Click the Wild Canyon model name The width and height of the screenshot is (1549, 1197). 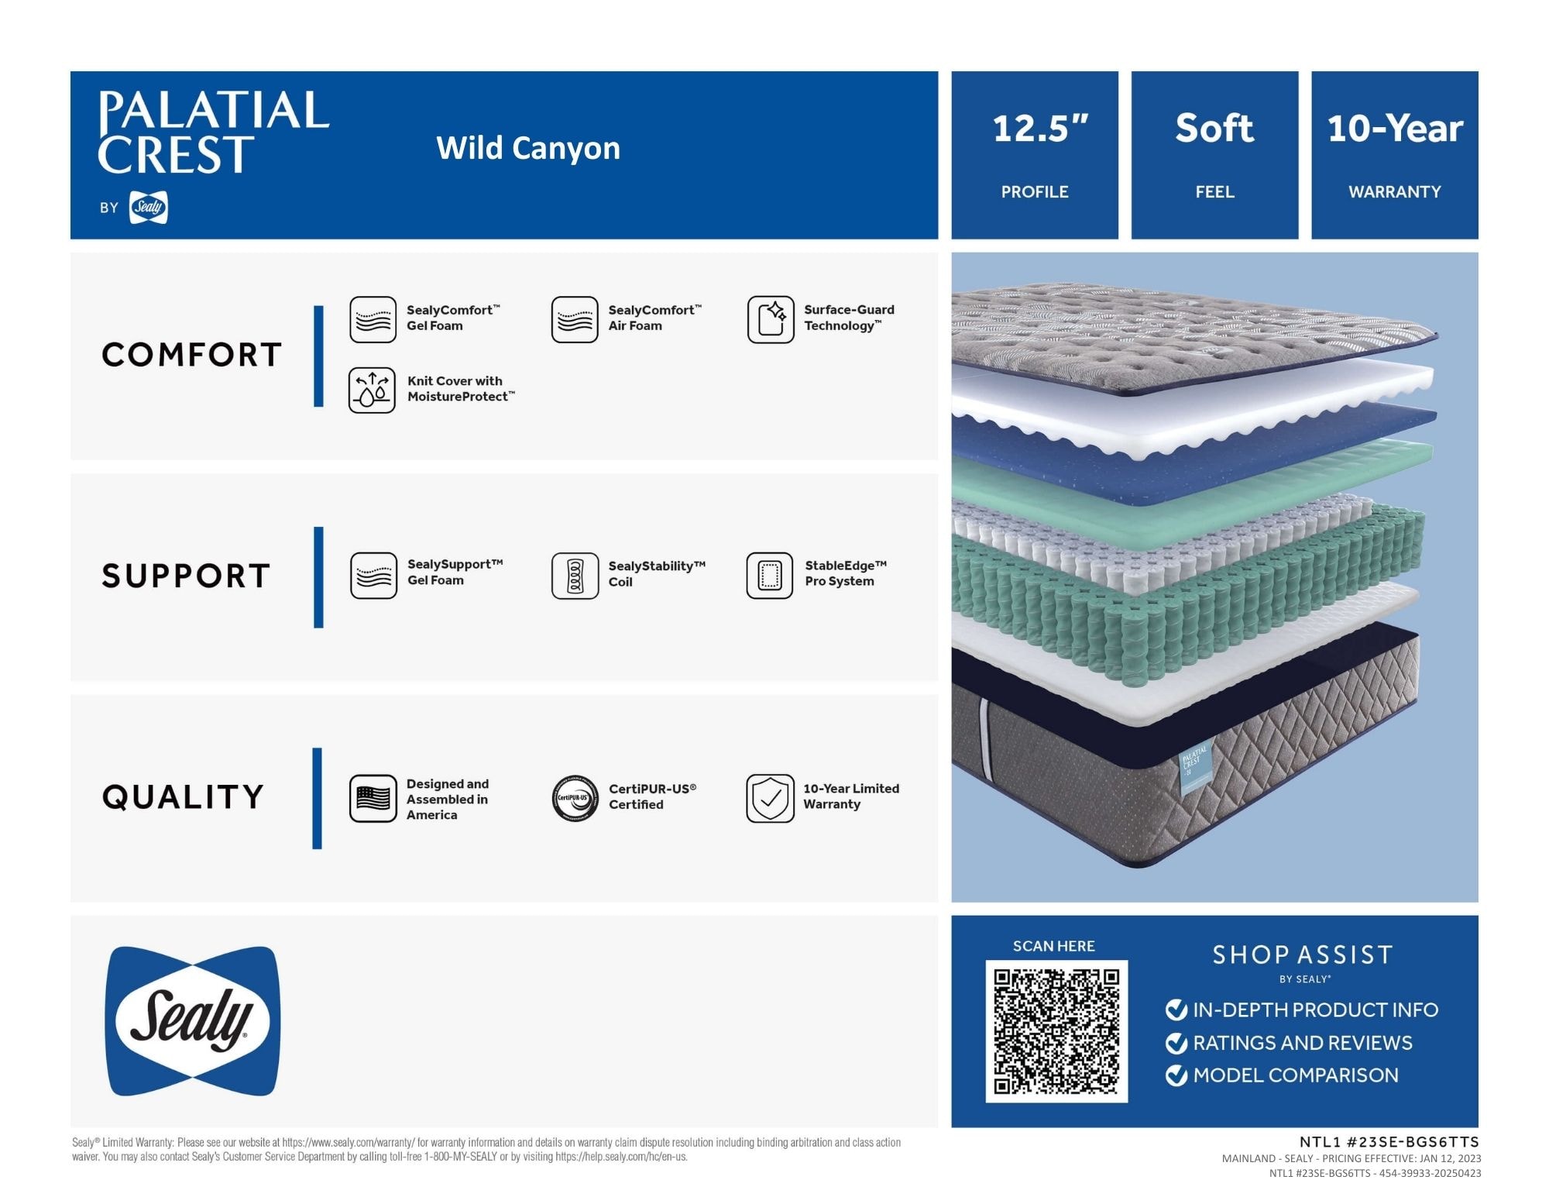[x=528, y=148]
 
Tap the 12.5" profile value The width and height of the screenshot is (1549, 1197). [x=1040, y=129]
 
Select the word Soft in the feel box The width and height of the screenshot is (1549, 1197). [x=1214, y=128]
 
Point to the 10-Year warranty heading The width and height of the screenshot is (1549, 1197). [x=1395, y=129]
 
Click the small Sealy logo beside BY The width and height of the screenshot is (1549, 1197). [x=149, y=207]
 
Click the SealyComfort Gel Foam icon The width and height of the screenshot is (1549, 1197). [x=373, y=319]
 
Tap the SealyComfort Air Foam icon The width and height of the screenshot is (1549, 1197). [x=575, y=319]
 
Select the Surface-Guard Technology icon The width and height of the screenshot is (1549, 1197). [x=771, y=319]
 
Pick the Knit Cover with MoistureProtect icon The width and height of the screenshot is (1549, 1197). [x=372, y=390]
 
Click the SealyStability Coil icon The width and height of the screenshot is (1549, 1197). [x=575, y=576]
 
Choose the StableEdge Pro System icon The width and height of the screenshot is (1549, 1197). [x=770, y=576]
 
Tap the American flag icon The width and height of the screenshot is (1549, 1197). [x=373, y=798]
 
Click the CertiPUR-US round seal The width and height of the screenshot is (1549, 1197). [x=575, y=798]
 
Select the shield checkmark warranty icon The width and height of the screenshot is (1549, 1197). [x=770, y=798]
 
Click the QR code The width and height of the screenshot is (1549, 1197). [x=1056, y=1031]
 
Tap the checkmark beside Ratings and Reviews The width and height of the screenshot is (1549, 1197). [x=1176, y=1044]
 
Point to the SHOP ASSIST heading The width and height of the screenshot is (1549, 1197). [x=1303, y=955]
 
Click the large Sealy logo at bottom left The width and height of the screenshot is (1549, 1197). [x=193, y=1020]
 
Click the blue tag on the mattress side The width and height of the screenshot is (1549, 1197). [x=1195, y=768]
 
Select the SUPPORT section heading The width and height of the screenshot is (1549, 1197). [x=186, y=576]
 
